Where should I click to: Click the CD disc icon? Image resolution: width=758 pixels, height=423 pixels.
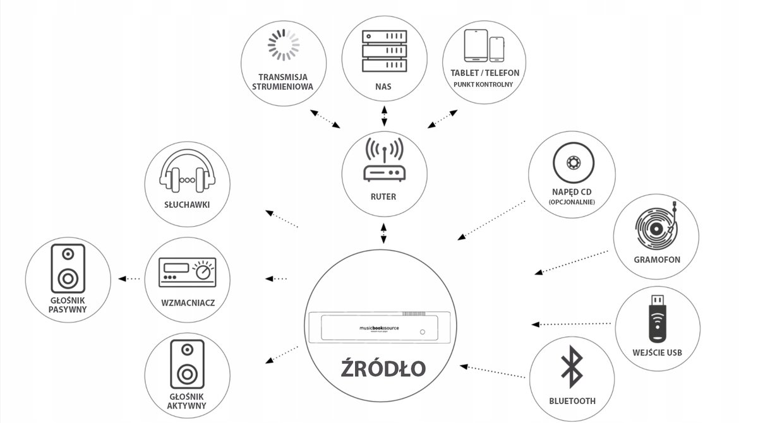click(572, 162)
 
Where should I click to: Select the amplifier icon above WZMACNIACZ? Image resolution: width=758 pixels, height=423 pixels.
click(188, 273)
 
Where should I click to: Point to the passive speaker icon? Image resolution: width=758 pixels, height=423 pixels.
click(68, 269)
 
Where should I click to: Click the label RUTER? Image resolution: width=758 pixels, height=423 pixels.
click(384, 197)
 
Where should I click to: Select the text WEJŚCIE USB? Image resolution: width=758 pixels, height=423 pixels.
click(656, 352)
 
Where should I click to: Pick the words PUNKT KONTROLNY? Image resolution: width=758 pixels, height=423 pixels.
click(485, 84)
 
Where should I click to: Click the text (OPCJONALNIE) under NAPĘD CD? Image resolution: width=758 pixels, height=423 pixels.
click(572, 202)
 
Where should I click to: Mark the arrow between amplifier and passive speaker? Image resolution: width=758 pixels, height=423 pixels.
click(129, 278)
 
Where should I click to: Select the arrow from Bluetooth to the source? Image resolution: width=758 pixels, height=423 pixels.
click(494, 371)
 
